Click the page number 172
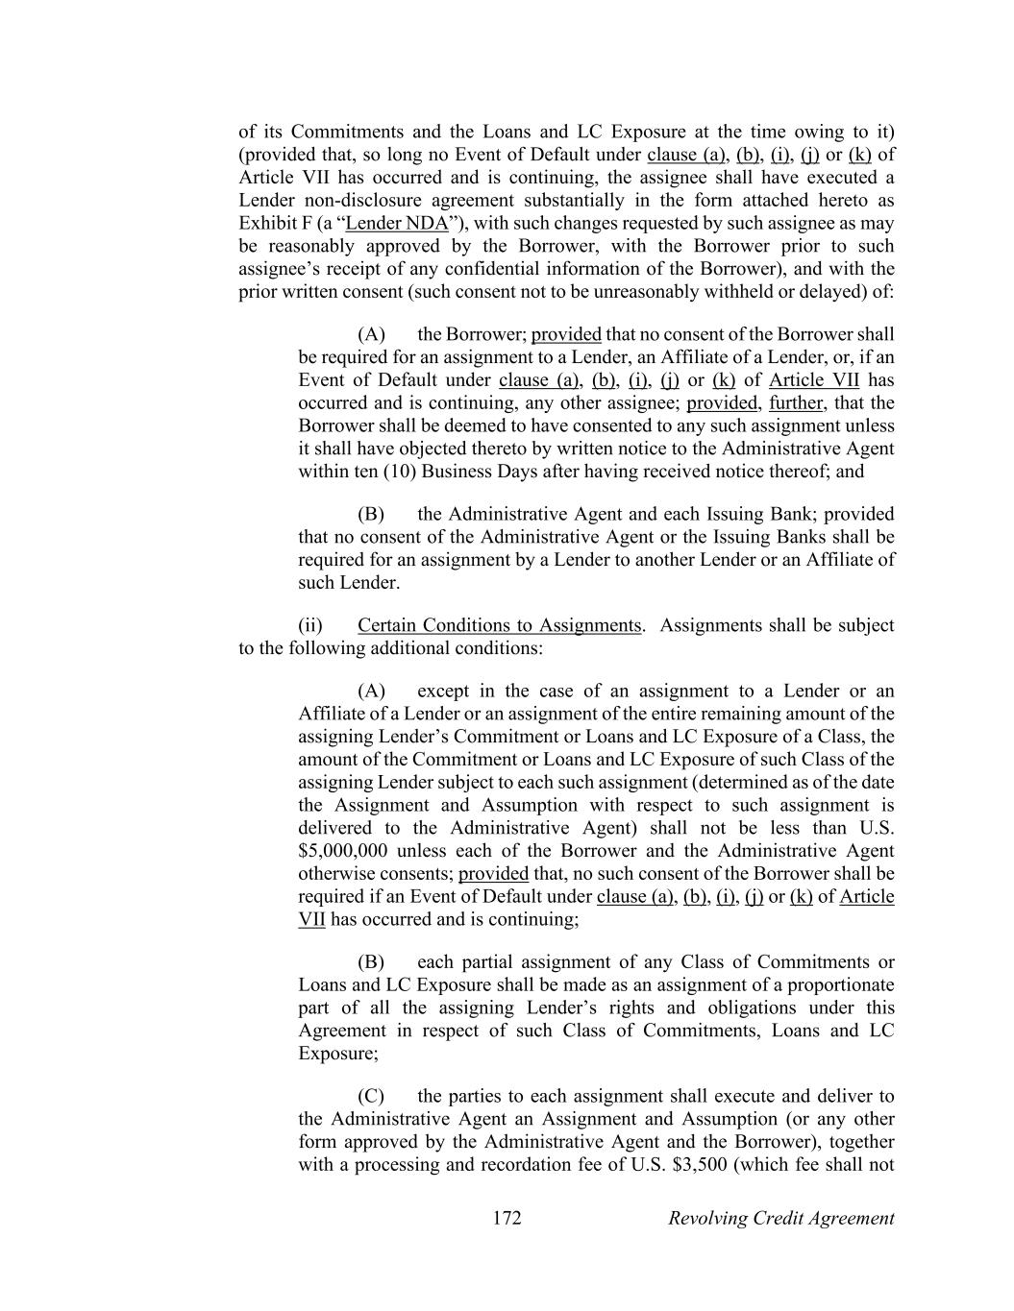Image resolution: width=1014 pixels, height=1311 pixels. click(507, 1218)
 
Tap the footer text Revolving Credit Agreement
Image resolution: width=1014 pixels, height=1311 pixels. click(780, 1218)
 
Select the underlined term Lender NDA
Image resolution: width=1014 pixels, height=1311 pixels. click(397, 223)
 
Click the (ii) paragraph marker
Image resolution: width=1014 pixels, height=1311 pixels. click(309, 625)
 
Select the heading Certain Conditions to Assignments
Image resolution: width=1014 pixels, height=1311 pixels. click(499, 625)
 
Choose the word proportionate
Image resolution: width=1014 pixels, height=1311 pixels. click(840, 984)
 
